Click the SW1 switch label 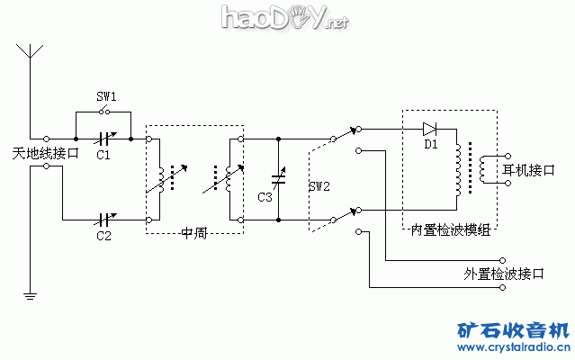tap(106, 95)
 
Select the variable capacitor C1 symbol tap(105, 139)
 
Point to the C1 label tap(103, 155)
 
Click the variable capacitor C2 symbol tap(105, 220)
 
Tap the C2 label tap(103, 236)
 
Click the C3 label tap(264, 197)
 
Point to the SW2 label tap(319, 187)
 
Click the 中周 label tap(193, 233)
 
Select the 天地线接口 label tap(46, 154)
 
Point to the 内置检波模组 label tap(450, 230)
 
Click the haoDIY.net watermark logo tap(270, 18)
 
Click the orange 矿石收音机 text tap(513, 329)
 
